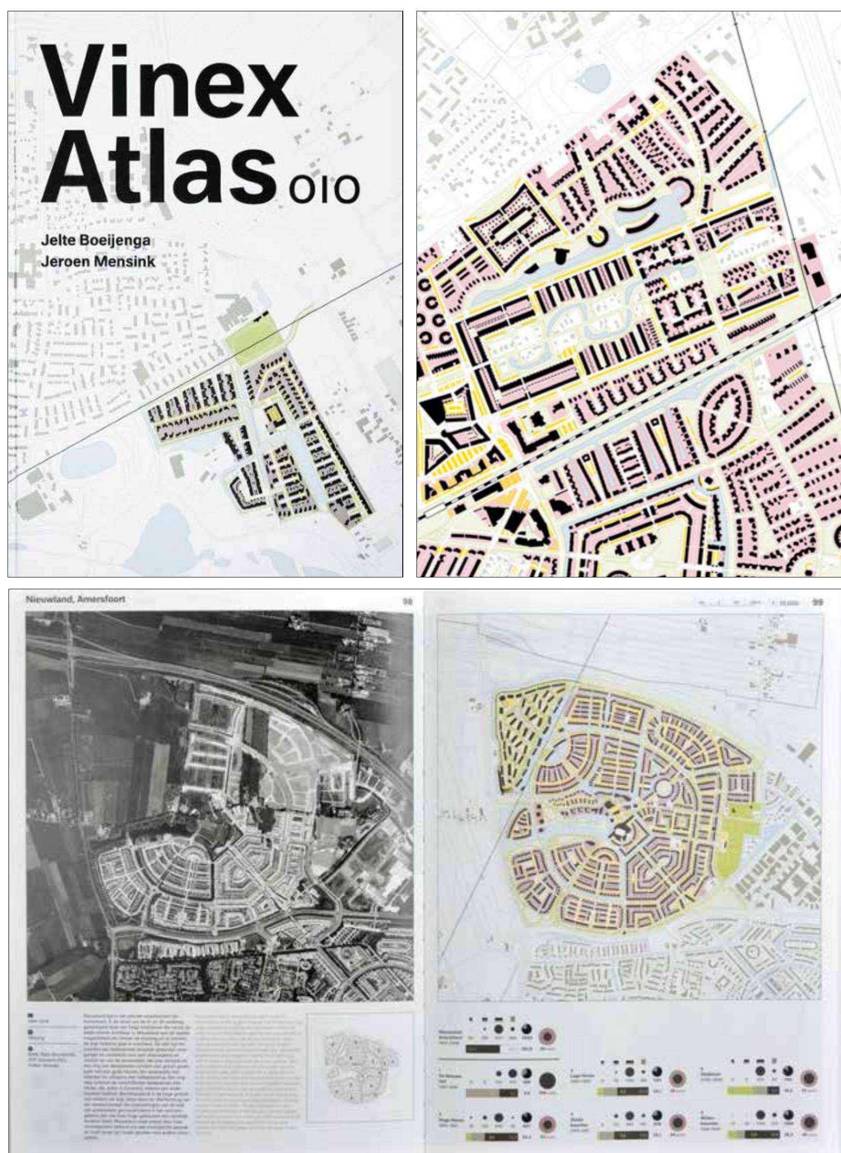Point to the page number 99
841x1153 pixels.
(x=817, y=601)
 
